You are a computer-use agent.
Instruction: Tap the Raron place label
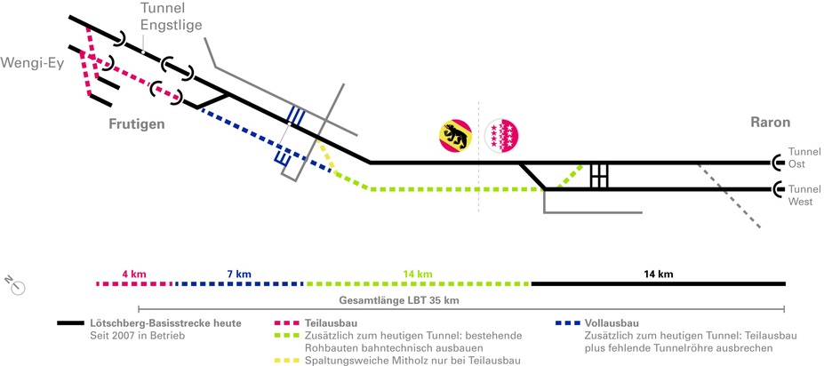point(770,123)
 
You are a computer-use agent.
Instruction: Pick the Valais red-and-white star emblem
point(503,135)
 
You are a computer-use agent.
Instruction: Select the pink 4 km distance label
point(132,273)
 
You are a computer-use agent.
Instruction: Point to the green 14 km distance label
point(417,273)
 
